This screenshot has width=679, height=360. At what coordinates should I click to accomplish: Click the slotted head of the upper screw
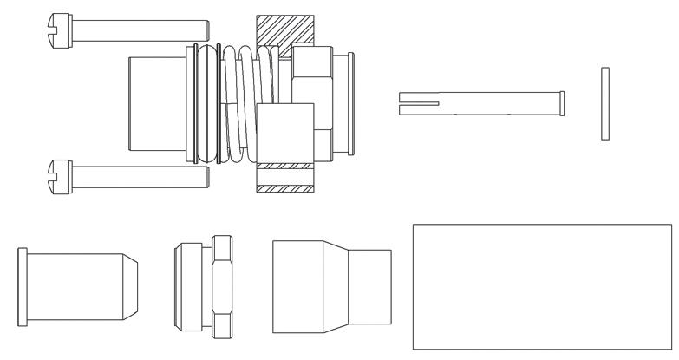coord(60,29)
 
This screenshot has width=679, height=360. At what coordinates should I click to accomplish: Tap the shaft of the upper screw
coord(139,31)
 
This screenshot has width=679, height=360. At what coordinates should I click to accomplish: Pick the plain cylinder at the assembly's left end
coord(155,104)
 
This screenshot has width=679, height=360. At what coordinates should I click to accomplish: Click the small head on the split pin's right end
coord(563,102)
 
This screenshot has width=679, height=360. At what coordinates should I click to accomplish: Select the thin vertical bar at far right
coord(605,101)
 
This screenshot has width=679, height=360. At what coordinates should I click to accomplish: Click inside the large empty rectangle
coord(541,287)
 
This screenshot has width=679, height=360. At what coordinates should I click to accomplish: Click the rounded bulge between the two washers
coord(206,104)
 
